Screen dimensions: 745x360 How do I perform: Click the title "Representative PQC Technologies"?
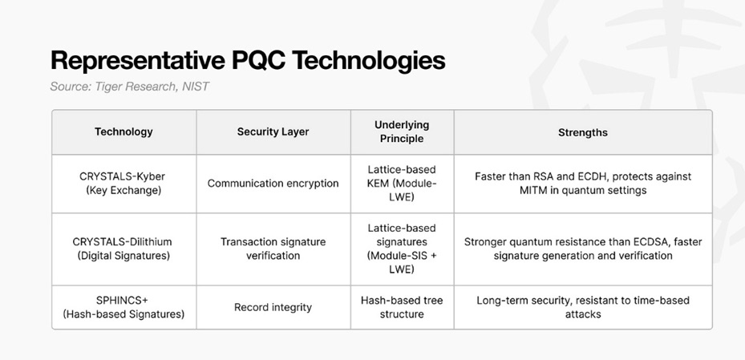[x=248, y=61]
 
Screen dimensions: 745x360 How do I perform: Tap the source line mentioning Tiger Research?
[x=129, y=87]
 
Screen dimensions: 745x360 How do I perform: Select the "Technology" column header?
[x=123, y=131]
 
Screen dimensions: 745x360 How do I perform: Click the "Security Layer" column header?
[x=273, y=131]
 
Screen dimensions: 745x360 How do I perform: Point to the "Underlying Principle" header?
[x=402, y=131]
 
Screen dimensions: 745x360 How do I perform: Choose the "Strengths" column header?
[x=583, y=132]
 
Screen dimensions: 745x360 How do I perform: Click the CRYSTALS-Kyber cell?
[x=123, y=184]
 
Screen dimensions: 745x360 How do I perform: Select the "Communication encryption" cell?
[x=273, y=184]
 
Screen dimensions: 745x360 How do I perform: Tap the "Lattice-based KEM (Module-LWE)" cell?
[x=402, y=184]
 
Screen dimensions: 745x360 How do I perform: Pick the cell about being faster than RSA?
[x=583, y=184]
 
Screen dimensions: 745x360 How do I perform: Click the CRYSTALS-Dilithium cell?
[x=123, y=249]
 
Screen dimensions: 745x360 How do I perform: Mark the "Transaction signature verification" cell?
[x=273, y=249]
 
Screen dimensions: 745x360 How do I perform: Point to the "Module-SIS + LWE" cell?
[x=402, y=249]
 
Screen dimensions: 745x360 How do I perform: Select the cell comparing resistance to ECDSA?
[x=583, y=249]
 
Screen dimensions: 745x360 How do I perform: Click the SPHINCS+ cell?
[x=123, y=307]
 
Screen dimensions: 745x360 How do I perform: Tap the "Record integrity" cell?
[x=273, y=307]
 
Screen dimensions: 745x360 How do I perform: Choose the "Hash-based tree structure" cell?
[x=402, y=307]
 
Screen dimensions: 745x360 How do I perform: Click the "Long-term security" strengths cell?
[x=583, y=307]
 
